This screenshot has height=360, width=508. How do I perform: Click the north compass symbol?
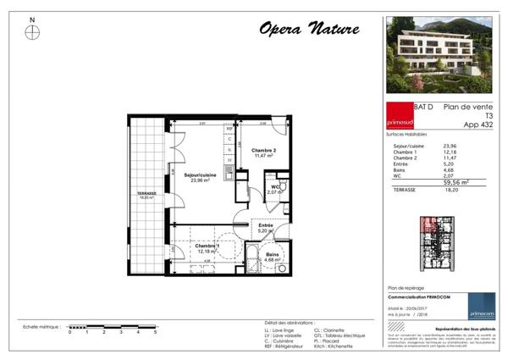tap(32, 32)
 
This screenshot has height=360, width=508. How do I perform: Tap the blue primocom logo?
tap(482, 306)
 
